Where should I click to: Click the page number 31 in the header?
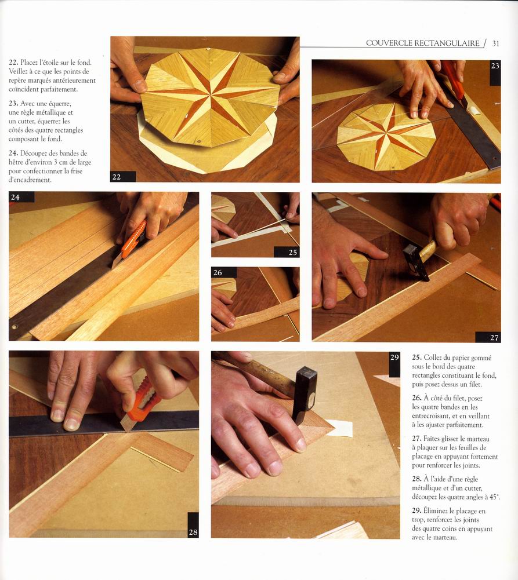point(496,43)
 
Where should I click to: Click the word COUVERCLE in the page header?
point(389,43)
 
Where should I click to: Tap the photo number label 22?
point(117,177)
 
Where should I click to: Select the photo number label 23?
point(495,66)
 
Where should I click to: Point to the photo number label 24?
point(15,197)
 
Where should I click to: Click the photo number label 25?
point(293,252)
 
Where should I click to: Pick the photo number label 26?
point(218,272)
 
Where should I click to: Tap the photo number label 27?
point(494,337)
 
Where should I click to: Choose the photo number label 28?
point(193,532)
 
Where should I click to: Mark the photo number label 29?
point(394,358)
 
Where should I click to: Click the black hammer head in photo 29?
point(304,394)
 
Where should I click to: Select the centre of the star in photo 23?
point(385,133)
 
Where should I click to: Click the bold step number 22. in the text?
point(13,63)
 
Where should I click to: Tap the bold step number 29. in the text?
point(416,511)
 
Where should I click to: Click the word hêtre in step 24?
point(17,162)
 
